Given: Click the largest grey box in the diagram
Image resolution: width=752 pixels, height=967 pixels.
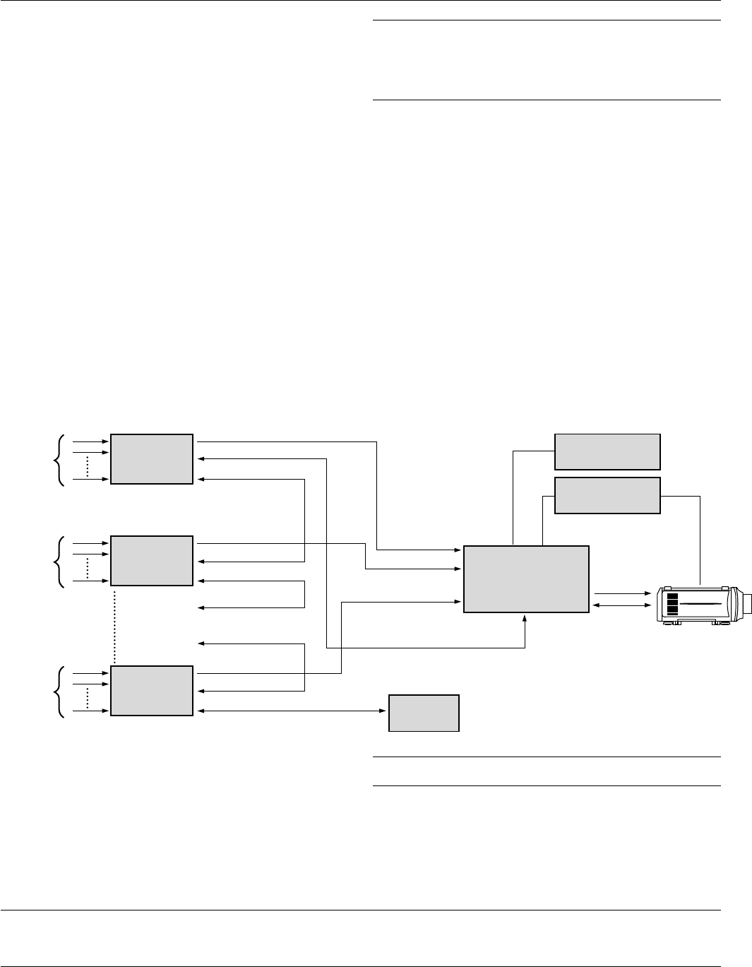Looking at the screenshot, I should click(526, 579).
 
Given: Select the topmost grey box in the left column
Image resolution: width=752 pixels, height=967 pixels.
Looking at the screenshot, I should click(152, 459).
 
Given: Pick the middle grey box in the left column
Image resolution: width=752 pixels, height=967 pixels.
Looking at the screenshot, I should click(152, 560).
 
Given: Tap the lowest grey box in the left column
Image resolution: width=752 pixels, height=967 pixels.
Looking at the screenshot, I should click(152, 690).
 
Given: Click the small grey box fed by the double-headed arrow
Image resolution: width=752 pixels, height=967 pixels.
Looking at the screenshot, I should click(424, 713).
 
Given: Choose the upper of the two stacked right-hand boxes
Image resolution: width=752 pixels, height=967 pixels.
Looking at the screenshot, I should click(607, 452).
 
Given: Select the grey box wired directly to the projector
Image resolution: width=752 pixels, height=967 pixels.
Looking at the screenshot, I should click(607, 495).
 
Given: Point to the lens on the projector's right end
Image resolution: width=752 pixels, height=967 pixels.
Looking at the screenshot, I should click(746, 605).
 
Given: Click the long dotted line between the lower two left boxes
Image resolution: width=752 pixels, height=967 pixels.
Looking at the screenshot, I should click(114, 625).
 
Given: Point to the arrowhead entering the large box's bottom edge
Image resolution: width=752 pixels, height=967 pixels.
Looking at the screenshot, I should click(525, 618).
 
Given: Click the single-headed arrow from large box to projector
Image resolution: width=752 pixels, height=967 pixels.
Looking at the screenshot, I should click(621, 594).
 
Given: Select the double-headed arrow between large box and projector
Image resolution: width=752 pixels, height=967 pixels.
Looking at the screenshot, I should click(621, 605).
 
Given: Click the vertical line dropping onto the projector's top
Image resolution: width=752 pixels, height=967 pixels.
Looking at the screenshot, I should click(700, 540).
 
